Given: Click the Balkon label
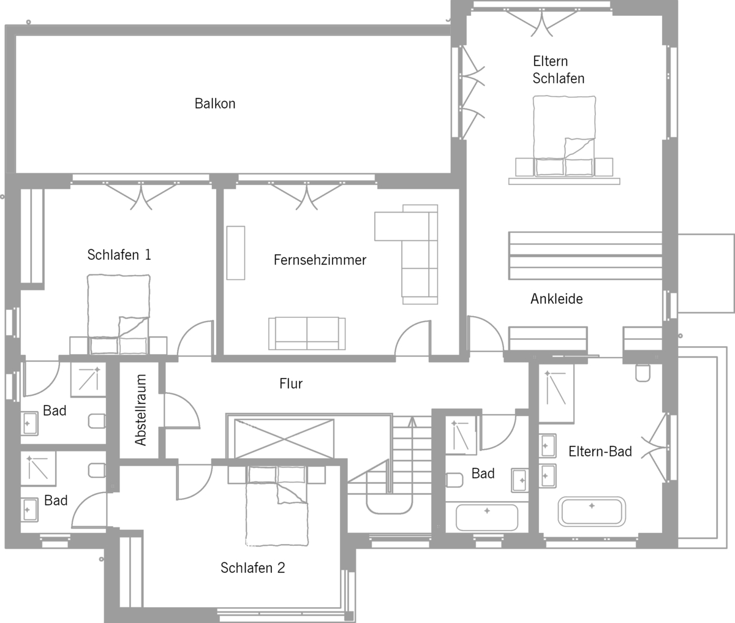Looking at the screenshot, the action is [x=215, y=104].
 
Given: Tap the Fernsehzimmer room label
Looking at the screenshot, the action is [x=320, y=260].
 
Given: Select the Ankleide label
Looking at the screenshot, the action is [x=557, y=299].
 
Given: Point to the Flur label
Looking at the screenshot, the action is [x=291, y=383].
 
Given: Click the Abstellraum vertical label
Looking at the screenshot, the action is [x=141, y=410].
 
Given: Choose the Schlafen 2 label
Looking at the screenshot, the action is [x=252, y=567].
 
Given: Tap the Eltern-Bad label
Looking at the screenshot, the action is [x=600, y=451].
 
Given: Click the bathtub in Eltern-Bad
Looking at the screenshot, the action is [x=592, y=512].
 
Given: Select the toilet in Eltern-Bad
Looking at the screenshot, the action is [x=643, y=372].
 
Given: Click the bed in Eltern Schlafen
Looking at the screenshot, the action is [x=564, y=136].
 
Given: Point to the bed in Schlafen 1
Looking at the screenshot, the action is [x=118, y=314].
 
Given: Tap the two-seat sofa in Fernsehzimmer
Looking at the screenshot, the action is [x=307, y=333].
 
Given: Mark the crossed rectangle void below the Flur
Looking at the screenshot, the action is [x=284, y=439].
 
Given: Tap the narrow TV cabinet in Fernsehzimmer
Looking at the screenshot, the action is [x=236, y=253].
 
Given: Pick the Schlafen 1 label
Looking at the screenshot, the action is [x=119, y=255].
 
